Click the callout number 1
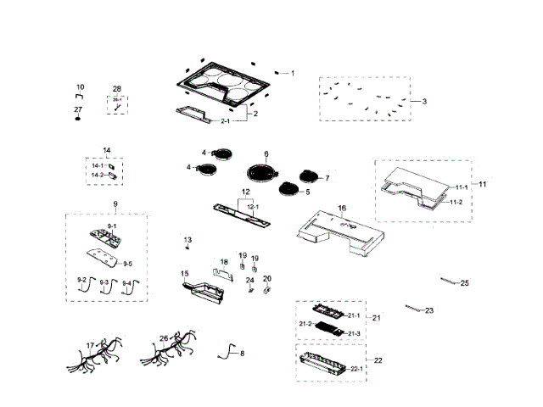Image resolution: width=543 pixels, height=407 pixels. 293,74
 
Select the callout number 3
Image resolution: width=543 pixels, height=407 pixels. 424,102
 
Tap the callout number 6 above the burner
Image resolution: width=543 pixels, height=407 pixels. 266,154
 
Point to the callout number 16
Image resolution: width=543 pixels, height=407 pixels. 342,208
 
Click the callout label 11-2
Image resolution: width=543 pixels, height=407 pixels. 456,202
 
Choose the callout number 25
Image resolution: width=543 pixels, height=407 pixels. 464,282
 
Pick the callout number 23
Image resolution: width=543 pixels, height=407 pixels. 429,310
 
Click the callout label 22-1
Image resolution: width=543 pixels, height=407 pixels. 356,368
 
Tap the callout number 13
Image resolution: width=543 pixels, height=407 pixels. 188,241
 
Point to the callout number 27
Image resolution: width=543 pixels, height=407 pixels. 78,109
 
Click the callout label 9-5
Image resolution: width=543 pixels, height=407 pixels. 127,264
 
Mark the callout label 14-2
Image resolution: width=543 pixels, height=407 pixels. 98,175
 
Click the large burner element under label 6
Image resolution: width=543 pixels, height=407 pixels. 264,170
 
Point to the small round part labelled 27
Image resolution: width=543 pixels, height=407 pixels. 78,119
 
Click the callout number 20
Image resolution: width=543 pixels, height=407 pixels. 267,278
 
